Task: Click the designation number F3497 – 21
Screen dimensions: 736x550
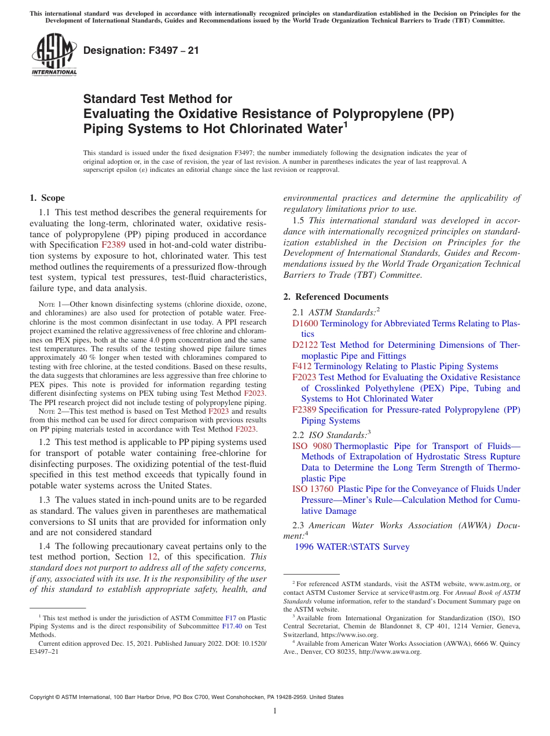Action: (x=141, y=50)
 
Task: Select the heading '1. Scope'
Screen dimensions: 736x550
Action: (x=47, y=198)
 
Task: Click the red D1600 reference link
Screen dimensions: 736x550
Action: (x=305, y=323)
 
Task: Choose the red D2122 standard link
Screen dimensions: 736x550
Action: (x=305, y=345)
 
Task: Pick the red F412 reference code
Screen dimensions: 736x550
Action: (x=302, y=366)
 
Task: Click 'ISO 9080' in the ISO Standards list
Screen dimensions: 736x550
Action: (x=311, y=446)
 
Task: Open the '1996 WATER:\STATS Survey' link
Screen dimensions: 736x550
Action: (x=352, y=547)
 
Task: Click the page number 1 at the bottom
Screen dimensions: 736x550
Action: (x=275, y=711)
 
